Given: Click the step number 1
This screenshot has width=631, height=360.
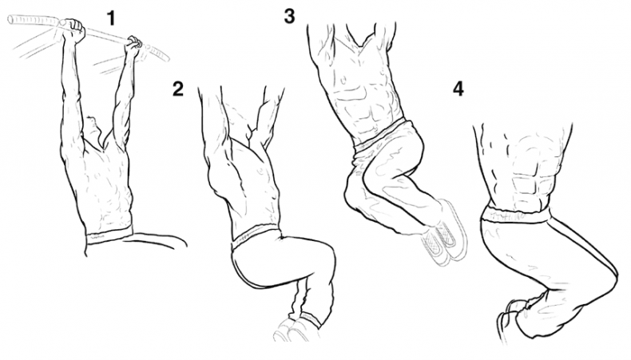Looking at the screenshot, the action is click(110, 18).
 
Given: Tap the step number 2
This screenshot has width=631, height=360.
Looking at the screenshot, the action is click(178, 89).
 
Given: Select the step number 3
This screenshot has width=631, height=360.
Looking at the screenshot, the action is click(289, 16).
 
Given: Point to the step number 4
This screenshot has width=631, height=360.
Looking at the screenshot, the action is click(458, 89).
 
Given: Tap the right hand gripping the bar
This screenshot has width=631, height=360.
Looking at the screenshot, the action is click(133, 45).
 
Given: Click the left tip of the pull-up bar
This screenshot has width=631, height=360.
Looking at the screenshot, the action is click(10, 19).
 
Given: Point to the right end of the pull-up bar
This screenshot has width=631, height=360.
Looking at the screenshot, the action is click(167, 58).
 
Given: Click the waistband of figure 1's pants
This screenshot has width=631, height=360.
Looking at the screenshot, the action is click(109, 235).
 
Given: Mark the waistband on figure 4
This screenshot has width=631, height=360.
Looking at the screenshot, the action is click(515, 214).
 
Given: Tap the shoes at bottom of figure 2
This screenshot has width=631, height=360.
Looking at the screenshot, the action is click(296, 330).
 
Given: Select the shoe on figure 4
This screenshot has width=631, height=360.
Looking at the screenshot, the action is click(507, 322).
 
